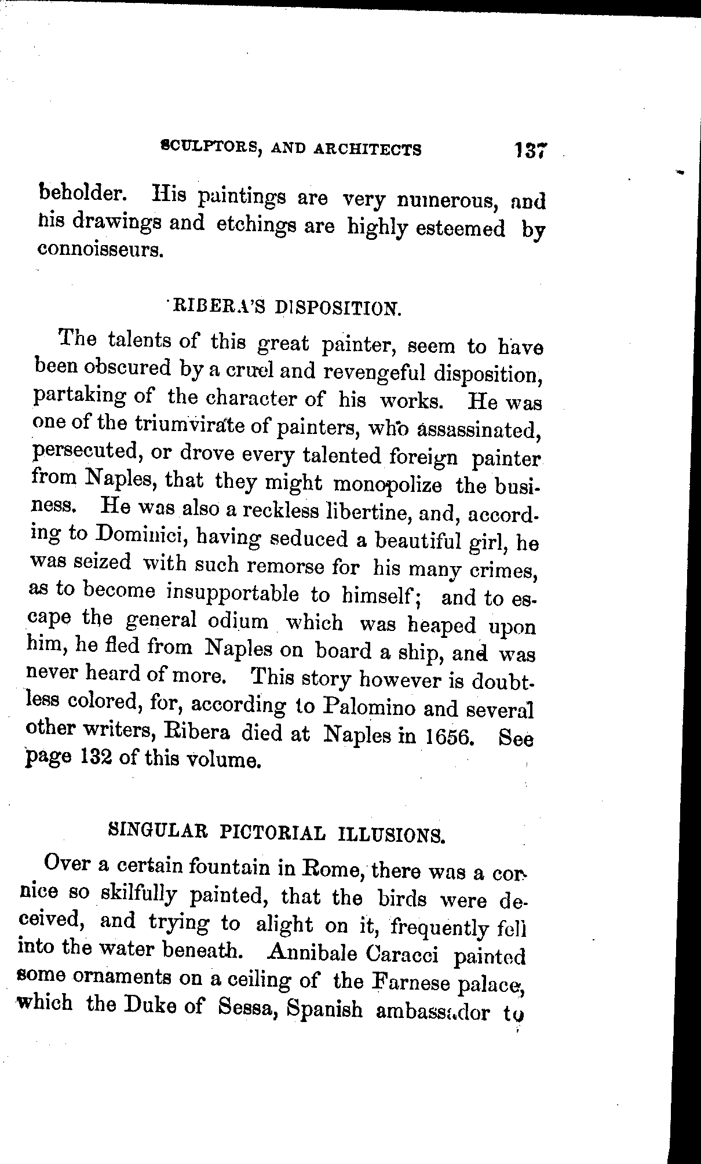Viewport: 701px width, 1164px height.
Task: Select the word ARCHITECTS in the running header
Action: pos(367,149)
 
